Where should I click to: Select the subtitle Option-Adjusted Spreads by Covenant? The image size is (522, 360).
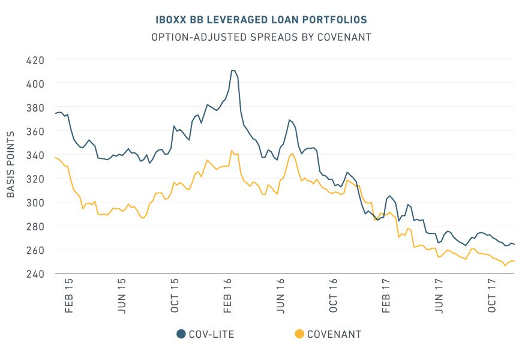pos(261,37)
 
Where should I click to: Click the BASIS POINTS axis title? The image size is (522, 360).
pos(11,167)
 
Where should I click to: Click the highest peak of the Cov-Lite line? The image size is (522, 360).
pos(233,71)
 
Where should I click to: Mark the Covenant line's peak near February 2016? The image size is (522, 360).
pos(232,151)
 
